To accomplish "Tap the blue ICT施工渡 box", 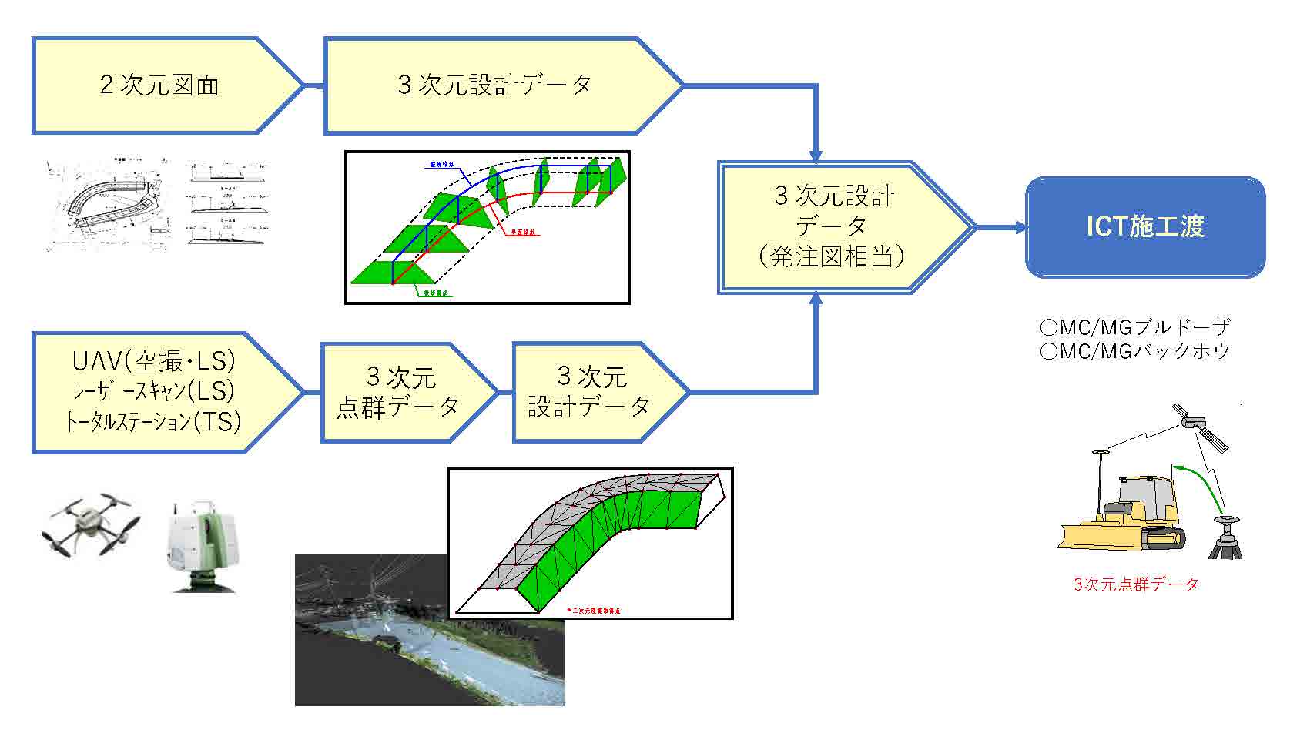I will point(1144,226).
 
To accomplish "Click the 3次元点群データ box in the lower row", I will point(399,392).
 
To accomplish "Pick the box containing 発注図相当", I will point(836,226).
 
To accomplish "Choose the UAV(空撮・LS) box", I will point(154,392).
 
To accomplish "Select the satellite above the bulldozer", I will point(1200,428).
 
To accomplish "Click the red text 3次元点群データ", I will point(1136,584).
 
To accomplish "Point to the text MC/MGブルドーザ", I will point(1135,327).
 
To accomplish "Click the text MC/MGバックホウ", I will point(1135,351).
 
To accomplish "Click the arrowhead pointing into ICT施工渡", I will point(1019,226).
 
